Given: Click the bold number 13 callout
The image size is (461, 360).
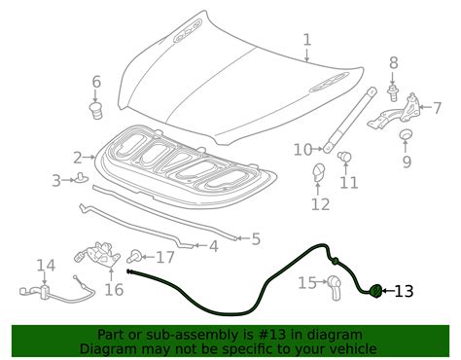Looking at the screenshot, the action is [x=404, y=291].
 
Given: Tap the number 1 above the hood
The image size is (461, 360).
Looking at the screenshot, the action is [x=306, y=40].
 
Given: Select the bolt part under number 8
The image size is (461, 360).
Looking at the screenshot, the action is [x=393, y=93].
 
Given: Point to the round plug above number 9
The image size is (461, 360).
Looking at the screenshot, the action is [x=406, y=133].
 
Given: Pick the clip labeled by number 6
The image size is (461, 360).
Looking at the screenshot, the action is [x=95, y=111].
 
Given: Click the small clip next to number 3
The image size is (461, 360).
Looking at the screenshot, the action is [x=81, y=177].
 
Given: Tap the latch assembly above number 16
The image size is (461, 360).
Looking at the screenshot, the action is [x=97, y=255].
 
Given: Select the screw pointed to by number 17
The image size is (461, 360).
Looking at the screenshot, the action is [x=134, y=257].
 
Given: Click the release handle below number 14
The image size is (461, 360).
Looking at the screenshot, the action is [x=56, y=290].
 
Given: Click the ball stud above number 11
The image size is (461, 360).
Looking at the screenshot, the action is [x=344, y=157].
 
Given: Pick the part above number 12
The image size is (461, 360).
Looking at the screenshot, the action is [x=318, y=172].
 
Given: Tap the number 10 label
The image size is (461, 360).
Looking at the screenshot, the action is [x=302, y=150].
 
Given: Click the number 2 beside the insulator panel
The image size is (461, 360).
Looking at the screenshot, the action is [x=78, y=158].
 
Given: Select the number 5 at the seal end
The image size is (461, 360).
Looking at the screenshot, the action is [x=256, y=239].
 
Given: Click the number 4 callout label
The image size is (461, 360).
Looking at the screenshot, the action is [x=213, y=247].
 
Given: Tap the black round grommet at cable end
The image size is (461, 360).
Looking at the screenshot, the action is [x=376, y=290].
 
